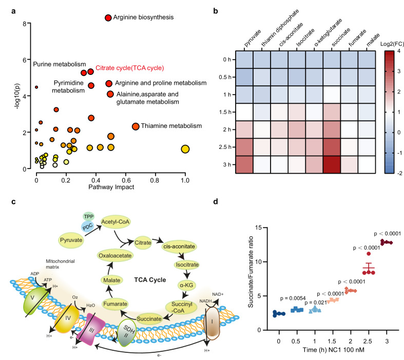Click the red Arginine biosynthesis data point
(x=108, y=18)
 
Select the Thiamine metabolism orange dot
(x=136, y=126)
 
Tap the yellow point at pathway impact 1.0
(x=185, y=149)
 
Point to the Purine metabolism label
(x=56, y=65)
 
